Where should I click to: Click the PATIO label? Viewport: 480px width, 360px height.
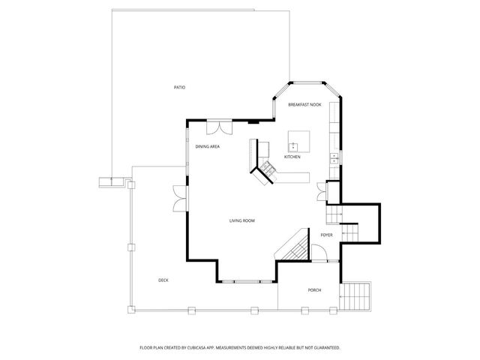click(x=179, y=88)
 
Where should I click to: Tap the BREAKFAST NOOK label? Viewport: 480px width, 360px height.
click(x=304, y=105)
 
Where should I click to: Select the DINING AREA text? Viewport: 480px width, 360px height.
click(x=207, y=147)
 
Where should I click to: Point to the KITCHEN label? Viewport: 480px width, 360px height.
click(x=292, y=157)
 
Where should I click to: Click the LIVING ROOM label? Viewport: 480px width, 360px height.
click(x=242, y=220)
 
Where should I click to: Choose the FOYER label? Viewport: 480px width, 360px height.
click(x=326, y=235)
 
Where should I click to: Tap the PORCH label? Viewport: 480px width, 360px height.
click(x=314, y=289)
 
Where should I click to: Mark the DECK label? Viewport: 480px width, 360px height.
click(x=163, y=280)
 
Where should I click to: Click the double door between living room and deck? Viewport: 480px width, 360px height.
click(x=178, y=198)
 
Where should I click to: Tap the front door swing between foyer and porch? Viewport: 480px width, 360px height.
click(x=319, y=256)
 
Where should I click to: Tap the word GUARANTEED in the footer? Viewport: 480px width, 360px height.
click(x=325, y=348)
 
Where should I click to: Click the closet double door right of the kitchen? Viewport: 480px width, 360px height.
click(x=322, y=192)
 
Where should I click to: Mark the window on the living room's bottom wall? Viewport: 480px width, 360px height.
click(x=247, y=281)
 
